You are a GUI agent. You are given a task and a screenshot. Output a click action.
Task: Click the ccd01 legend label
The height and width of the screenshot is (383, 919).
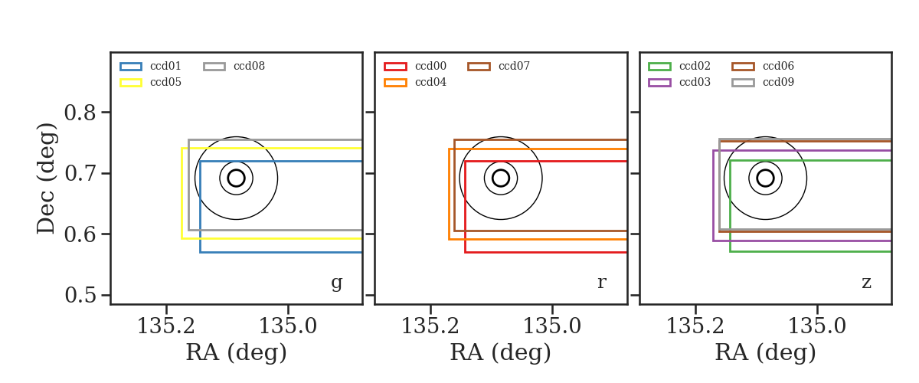point(165,66)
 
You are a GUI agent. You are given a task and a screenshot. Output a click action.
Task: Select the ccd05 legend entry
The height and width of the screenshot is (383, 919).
point(165,82)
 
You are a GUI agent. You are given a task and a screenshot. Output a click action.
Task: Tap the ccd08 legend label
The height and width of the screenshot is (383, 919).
point(249,66)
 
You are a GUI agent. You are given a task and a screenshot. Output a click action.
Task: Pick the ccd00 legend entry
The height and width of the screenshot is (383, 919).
point(430,66)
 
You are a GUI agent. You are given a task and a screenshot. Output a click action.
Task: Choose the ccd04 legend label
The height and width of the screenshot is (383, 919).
point(430,82)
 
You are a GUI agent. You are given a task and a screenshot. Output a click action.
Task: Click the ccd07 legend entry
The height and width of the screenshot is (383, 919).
point(514,66)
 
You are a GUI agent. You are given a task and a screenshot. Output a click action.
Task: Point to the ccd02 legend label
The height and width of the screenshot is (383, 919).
point(695,66)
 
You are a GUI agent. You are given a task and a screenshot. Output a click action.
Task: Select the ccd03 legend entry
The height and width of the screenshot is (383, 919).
point(695,82)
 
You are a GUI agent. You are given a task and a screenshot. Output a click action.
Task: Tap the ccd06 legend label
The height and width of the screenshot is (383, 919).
point(778,66)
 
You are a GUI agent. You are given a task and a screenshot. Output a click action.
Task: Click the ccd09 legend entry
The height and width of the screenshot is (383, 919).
point(778,82)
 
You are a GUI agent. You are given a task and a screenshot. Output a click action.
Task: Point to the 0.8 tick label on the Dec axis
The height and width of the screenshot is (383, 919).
point(80,113)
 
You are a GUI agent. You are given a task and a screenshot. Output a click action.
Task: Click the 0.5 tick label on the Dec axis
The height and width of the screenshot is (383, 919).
point(80,295)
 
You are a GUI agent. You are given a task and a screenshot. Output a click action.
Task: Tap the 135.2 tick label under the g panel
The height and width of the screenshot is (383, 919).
point(166,326)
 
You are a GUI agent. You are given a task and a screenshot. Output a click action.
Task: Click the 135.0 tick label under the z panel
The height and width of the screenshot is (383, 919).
point(817,326)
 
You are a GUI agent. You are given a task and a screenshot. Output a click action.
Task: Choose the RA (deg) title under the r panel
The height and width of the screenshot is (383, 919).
point(501,352)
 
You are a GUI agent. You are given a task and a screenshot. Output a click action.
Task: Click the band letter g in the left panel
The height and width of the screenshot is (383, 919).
point(336,283)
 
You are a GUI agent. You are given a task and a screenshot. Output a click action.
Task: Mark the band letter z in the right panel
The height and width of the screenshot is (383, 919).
point(866,283)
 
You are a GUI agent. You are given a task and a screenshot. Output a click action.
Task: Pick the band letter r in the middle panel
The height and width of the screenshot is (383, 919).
point(601,283)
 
